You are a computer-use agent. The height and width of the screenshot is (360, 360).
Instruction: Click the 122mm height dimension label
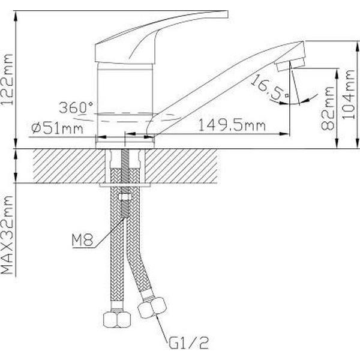[x=8, y=86]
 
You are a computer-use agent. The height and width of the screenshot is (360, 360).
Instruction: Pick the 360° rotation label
[x=76, y=108]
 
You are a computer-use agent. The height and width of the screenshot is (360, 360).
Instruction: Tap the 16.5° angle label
[x=269, y=87]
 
